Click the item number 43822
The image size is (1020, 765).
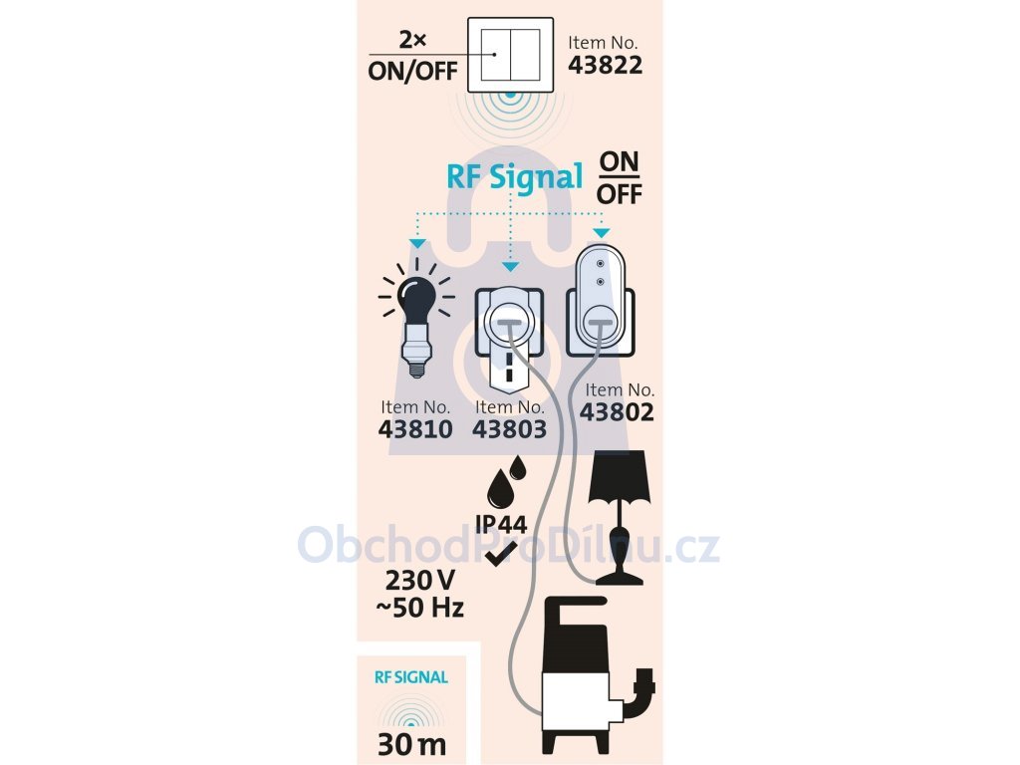605,65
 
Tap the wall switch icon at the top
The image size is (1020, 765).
511,55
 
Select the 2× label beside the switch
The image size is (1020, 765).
412,40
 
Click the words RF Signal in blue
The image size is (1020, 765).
515,176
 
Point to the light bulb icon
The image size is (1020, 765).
415,318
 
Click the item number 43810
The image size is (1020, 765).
415,429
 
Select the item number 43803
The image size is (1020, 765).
509,429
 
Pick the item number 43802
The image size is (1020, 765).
617,412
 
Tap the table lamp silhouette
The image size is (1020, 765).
619,518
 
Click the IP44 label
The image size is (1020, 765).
501,524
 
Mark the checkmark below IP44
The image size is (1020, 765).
501,554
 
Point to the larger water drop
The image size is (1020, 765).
500,488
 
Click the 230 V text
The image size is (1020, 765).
420,580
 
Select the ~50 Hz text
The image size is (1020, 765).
420,608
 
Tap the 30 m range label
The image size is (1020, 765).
411,745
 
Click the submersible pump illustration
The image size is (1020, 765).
599,674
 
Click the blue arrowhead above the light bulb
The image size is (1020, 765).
417,244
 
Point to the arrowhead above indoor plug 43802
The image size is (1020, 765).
602,233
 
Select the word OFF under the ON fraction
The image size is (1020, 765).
620,194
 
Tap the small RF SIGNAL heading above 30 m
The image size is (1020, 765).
411,677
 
